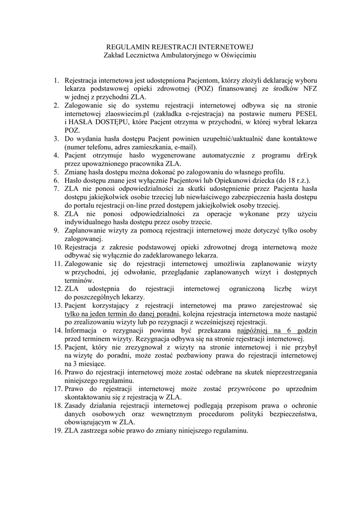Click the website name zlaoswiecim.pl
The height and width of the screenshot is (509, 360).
pyautogui.click(x=116, y=113)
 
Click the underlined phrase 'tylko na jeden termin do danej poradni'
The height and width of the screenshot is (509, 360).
pyautogui.click(x=122, y=314)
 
